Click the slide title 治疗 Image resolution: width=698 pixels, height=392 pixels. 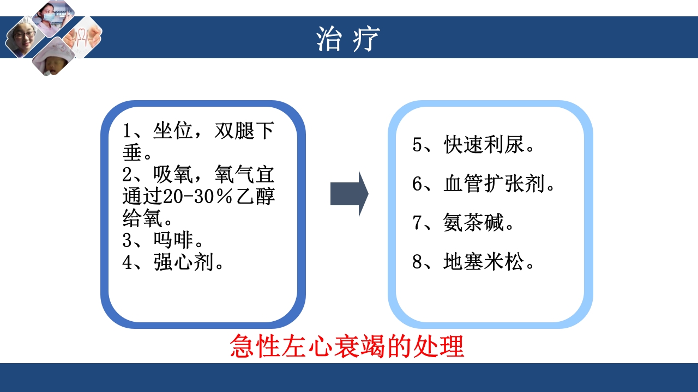click(x=348, y=39)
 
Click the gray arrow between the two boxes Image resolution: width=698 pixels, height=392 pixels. click(x=349, y=194)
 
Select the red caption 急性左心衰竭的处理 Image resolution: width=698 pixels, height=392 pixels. click(x=347, y=346)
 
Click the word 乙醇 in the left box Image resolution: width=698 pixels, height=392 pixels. click(x=258, y=198)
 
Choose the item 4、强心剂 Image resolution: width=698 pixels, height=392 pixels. click(x=173, y=263)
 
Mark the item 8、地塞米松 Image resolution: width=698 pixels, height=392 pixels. click(x=473, y=263)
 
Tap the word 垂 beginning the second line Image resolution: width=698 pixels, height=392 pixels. click(x=133, y=153)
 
